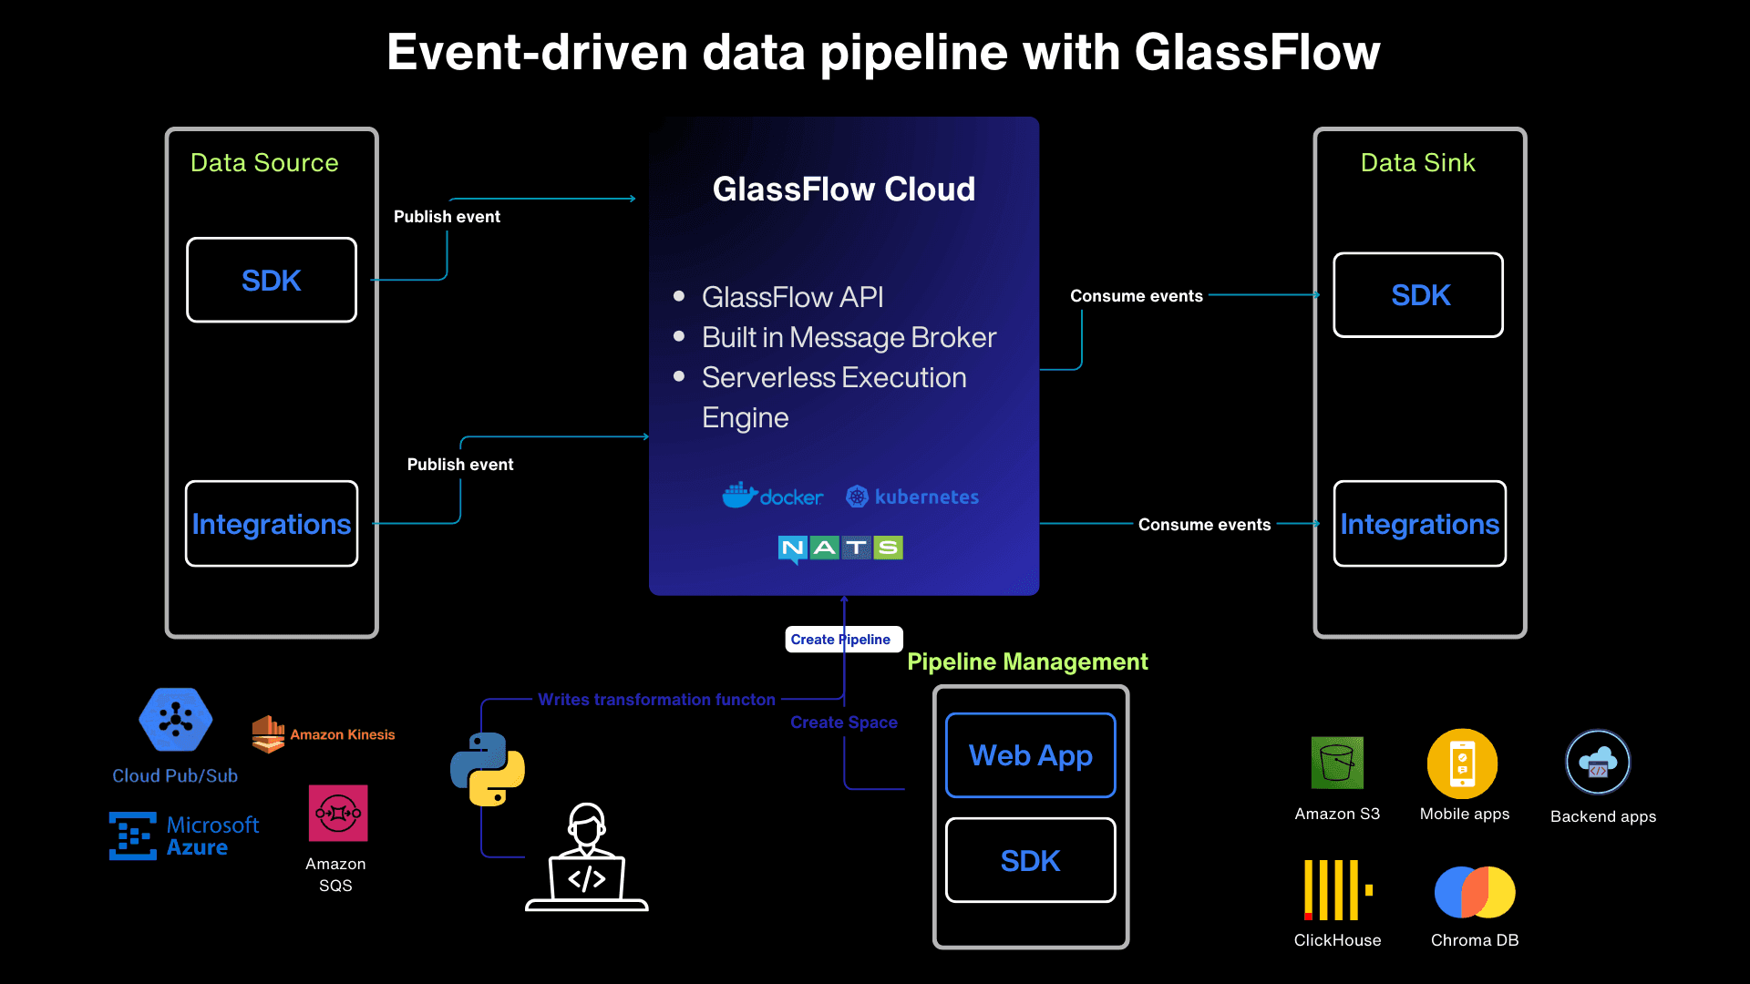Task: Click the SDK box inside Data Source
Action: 272,280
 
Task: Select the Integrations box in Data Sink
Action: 1419,524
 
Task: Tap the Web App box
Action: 1030,755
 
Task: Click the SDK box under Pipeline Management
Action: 1030,860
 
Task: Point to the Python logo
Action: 488,769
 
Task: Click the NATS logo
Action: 840,548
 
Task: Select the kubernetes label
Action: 925,497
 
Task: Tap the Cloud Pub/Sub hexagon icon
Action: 176,720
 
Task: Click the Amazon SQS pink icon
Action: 338,813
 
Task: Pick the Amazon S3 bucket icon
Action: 1337,763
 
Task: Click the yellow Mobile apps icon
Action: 1462,764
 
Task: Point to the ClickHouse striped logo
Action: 1337,889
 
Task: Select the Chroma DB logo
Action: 1474,892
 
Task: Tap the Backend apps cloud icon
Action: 1598,763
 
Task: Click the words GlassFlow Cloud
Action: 843,189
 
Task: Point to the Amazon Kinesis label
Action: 342,734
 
